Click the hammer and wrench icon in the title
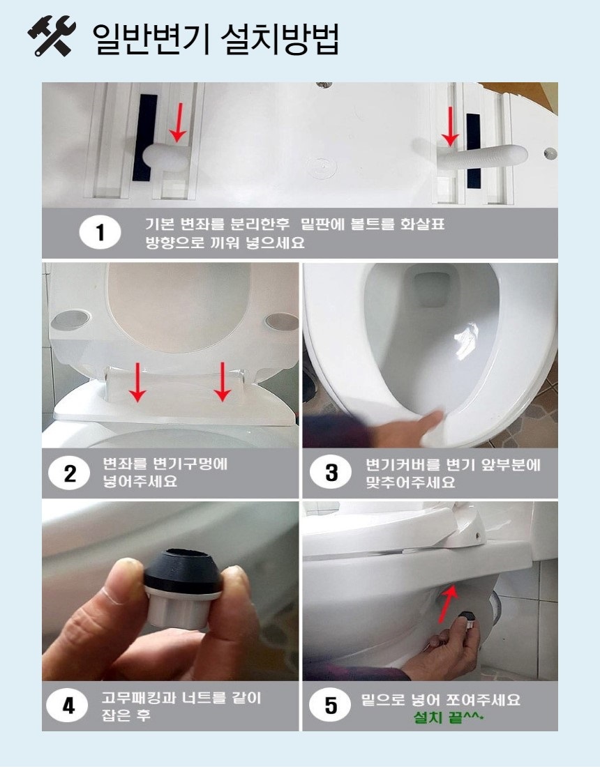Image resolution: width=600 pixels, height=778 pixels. [x=51, y=38]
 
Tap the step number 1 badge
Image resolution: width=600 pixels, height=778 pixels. [x=100, y=233]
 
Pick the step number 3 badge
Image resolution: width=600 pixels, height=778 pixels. [x=331, y=473]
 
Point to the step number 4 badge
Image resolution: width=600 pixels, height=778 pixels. [x=68, y=706]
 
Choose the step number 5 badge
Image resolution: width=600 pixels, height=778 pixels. [x=331, y=705]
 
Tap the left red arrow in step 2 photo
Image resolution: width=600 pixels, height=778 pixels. [x=138, y=382]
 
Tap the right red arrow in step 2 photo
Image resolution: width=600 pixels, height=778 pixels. [x=223, y=381]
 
